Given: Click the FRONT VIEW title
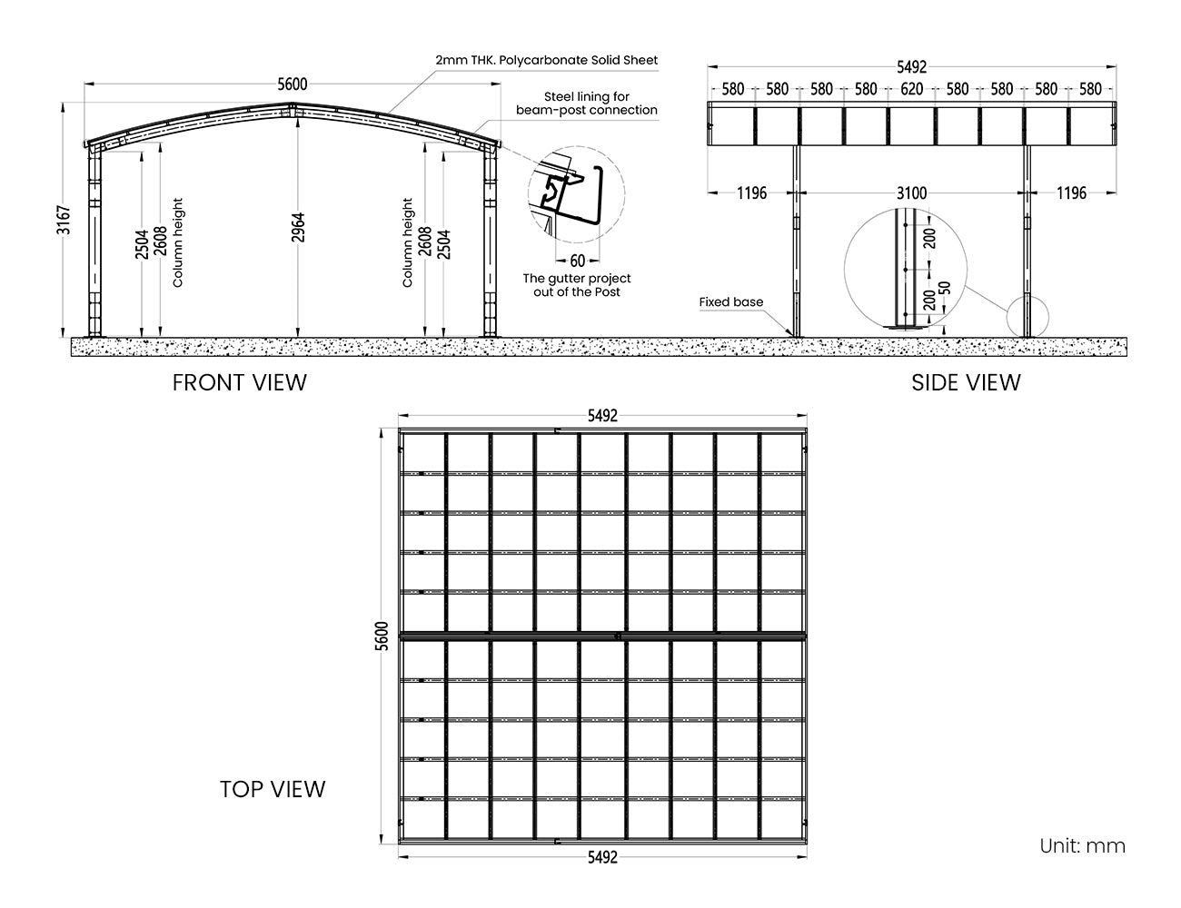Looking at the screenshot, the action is [x=239, y=383].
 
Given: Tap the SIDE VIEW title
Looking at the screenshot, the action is [x=966, y=383].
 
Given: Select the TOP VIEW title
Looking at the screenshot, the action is [x=273, y=789].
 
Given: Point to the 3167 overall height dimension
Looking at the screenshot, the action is [x=64, y=220].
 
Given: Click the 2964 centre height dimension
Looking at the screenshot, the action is [x=298, y=227].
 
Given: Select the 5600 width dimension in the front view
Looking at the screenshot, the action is [x=293, y=84].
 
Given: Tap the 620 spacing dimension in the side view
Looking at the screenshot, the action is [x=911, y=89].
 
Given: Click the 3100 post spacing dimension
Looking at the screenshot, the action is [x=911, y=192].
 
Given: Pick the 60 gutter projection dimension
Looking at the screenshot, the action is [x=577, y=262].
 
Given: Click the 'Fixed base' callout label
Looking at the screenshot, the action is [x=731, y=302].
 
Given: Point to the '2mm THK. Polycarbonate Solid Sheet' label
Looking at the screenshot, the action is [x=546, y=60].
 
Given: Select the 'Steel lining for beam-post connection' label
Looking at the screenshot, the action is [x=587, y=104].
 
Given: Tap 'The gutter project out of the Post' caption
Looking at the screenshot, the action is [x=577, y=285].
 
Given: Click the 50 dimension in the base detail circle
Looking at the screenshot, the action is [x=945, y=288].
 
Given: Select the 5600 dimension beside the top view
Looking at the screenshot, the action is [x=382, y=636].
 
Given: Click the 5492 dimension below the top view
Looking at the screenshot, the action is [x=602, y=857].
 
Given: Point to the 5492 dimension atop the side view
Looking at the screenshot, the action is [x=911, y=67].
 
